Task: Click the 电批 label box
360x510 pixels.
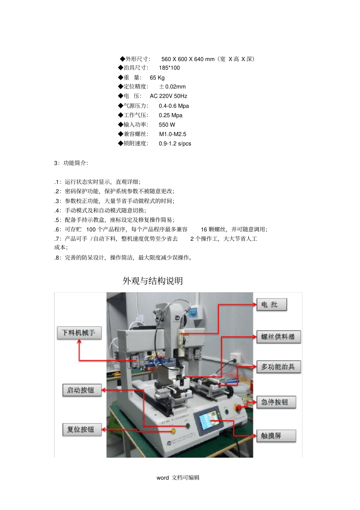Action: pyautogui.click(x=271, y=304)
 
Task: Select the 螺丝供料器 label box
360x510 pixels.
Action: pyautogui.click(x=278, y=337)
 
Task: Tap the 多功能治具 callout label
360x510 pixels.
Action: pyautogui.click(x=278, y=367)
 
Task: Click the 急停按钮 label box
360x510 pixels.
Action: pyautogui.click(x=275, y=402)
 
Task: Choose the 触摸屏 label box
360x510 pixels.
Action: pyautogui.click(x=275, y=436)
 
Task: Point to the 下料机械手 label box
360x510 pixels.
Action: pyautogui.click(x=79, y=333)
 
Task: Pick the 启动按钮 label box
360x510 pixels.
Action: pyautogui.click(x=82, y=390)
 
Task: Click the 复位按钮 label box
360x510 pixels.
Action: pyautogui.click(x=82, y=429)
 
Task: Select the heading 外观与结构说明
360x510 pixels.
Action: pyautogui.click(x=153, y=281)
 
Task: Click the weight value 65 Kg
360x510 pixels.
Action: pyautogui.click(x=157, y=78)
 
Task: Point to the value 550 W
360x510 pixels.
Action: pyautogui.click(x=167, y=125)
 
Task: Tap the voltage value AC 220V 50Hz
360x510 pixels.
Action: pyautogui.click(x=168, y=96)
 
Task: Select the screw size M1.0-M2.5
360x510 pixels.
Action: pyautogui.click(x=172, y=134)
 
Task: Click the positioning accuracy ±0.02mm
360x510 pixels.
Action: pyautogui.click(x=172, y=87)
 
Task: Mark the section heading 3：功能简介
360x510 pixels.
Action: pyautogui.click(x=71, y=163)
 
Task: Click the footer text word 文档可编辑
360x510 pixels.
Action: pyautogui.click(x=178, y=478)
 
